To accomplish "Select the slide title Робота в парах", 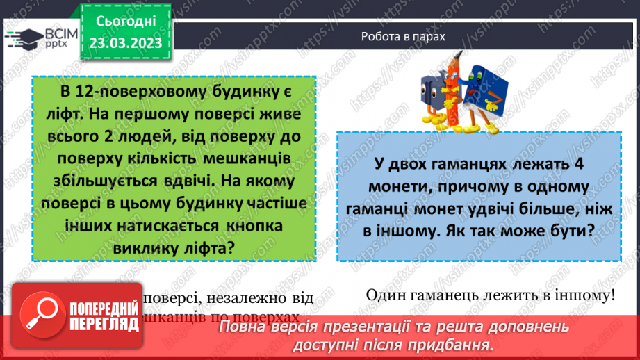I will pyautogui.click(x=403, y=37).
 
